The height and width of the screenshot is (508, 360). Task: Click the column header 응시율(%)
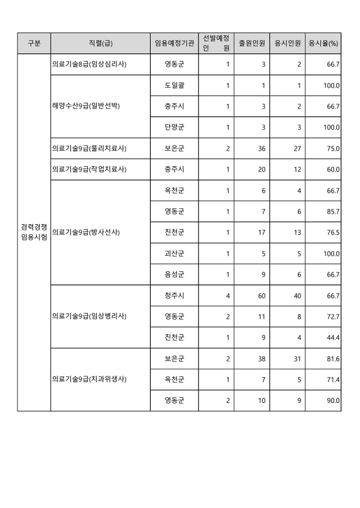(323, 43)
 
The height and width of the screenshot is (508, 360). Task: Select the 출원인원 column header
(252, 43)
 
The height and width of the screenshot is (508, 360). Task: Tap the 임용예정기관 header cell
(174, 43)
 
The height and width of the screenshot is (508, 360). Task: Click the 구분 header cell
(34, 43)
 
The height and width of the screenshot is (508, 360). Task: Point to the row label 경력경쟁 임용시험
(34, 232)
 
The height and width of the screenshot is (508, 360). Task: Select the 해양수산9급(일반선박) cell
(86, 106)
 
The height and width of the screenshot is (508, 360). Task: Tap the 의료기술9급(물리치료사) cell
(89, 148)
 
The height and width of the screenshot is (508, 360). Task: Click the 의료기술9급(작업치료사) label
(89, 169)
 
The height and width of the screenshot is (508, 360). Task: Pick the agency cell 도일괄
(174, 85)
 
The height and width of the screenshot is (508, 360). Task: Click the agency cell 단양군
(174, 128)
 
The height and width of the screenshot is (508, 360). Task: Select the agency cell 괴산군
(174, 253)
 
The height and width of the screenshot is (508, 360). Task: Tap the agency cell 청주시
(174, 296)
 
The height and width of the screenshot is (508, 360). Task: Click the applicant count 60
(262, 296)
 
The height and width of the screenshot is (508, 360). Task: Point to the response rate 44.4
(334, 337)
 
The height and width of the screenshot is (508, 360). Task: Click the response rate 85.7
(334, 211)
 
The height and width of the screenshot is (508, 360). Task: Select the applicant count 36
(262, 148)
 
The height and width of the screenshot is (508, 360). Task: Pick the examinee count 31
(298, 359)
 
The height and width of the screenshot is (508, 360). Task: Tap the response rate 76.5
(334, 233)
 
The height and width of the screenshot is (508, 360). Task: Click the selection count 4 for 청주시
(227, 296)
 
